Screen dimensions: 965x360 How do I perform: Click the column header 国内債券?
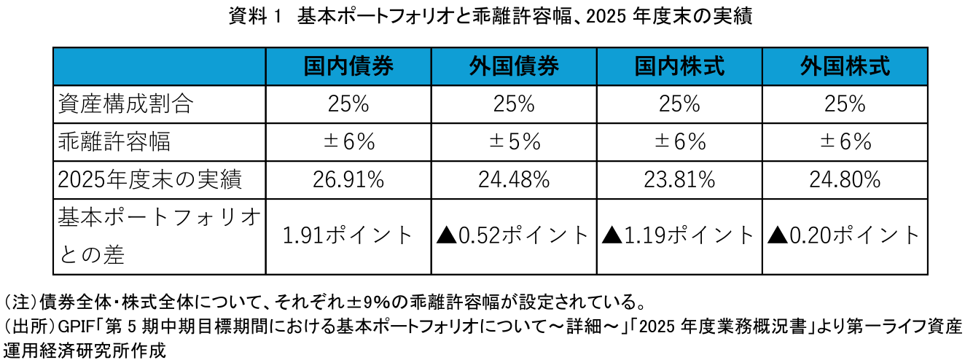tap(348, 67)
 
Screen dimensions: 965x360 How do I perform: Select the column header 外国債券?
tap(514, 67)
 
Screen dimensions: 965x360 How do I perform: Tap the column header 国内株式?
tap(679, 67)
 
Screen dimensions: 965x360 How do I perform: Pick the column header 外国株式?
tap(845, 67)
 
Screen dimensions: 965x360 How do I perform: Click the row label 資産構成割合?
tap(125, 104)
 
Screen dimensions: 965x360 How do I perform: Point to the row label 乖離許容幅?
tap(114, 141)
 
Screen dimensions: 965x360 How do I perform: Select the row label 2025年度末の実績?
tap(149, 179)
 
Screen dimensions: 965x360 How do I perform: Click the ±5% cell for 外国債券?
tap(514, 141)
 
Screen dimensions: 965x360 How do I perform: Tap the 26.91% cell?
tap(348, 179)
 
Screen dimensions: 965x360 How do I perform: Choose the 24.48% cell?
tap(514, 179)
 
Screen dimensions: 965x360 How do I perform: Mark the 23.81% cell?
tap(679, 179)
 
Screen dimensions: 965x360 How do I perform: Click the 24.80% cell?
tap(845, 179)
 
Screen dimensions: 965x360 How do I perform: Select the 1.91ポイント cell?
tap(348, 235)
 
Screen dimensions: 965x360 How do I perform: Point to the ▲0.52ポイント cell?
tap(512, 235)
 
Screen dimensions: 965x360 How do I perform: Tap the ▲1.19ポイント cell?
tap(678, 235)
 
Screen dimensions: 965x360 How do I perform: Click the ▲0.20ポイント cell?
tap(843, 235)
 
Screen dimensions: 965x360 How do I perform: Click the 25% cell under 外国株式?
tap(845, 104)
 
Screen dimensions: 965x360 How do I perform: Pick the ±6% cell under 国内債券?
tap(348, 141)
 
